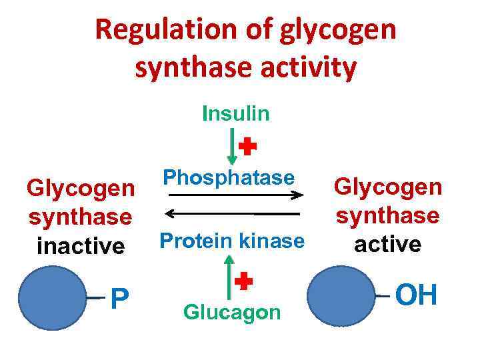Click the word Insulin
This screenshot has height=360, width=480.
[236, 114]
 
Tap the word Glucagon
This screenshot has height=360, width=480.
[232, 312]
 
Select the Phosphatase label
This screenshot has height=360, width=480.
[229, 177]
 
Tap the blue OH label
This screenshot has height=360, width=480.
[417, 295]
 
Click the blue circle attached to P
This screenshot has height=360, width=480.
[53, 299]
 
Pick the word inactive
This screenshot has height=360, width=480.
[81, 246]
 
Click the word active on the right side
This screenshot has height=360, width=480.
[388, 244]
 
